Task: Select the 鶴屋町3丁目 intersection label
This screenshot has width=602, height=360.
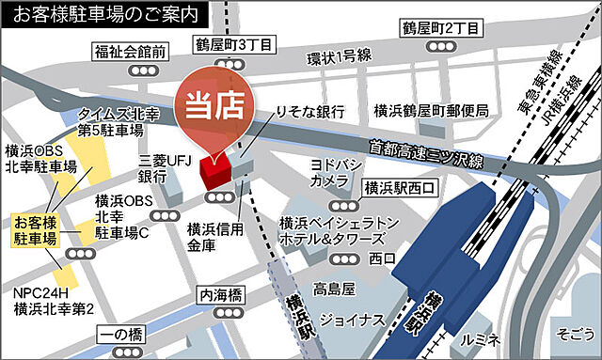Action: pos(234,44)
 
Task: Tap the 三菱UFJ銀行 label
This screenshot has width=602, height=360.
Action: pos(152,168)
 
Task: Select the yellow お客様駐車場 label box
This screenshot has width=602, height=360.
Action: pos(35,231)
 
